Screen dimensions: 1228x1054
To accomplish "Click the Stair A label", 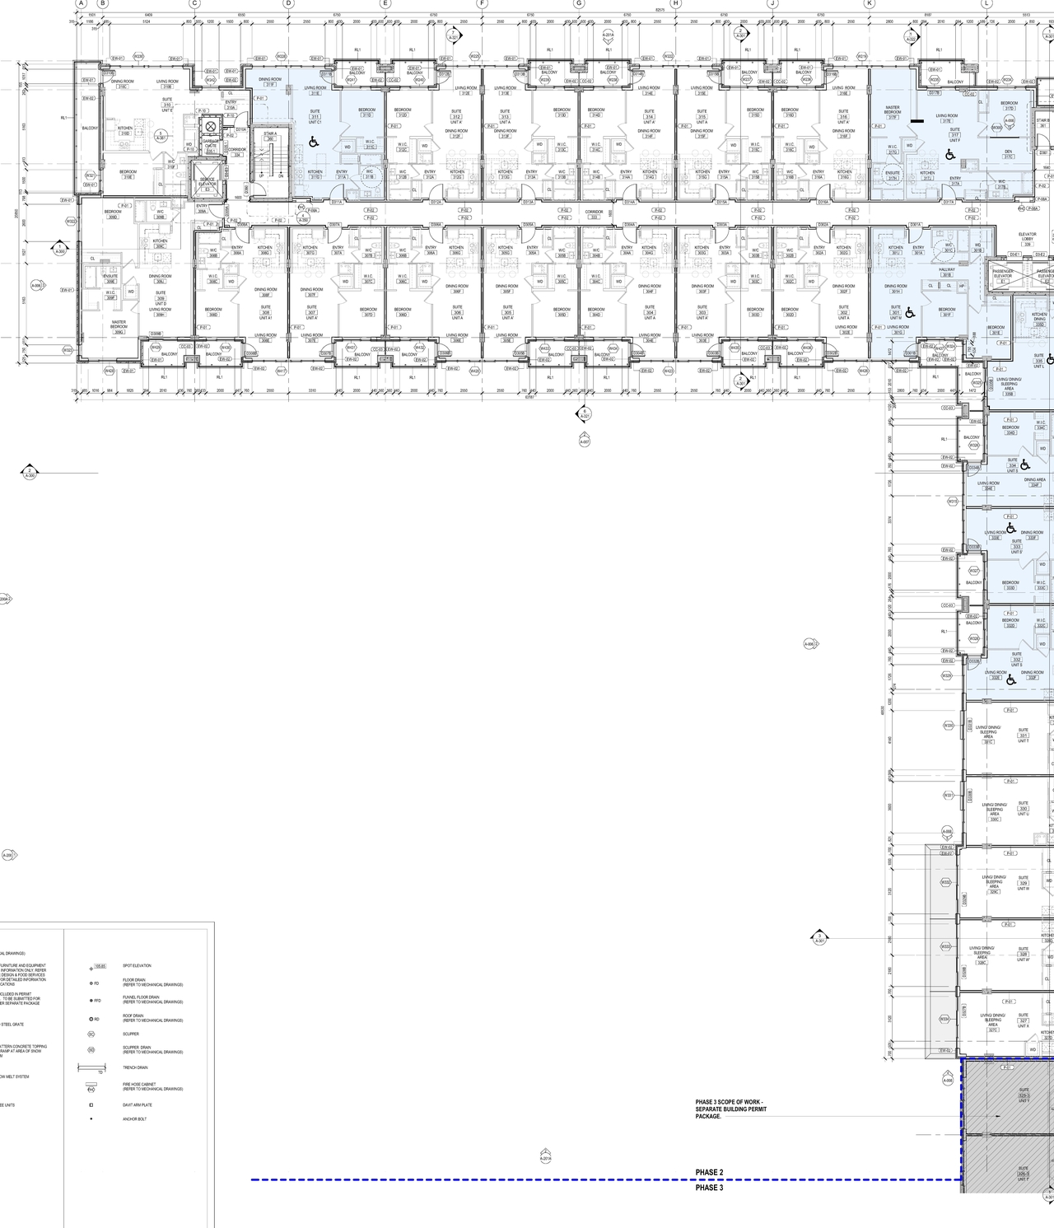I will point(270,136).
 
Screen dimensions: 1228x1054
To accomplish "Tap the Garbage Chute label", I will point(211,145).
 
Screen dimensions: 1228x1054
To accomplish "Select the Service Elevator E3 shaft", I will point(208,180).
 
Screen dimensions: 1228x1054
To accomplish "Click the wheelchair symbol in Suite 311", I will point(313,142).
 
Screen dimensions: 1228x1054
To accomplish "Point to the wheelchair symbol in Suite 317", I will point(949,154).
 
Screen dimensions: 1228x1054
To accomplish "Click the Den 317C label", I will point(1008,154).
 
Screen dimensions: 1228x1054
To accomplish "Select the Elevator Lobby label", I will point(1027,239).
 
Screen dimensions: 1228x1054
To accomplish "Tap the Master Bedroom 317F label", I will point(893,111).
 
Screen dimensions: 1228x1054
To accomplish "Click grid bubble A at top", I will point(81,3).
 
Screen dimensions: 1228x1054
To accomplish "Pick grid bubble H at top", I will point(676,3).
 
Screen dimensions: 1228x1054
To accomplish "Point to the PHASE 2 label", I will point(709,1172).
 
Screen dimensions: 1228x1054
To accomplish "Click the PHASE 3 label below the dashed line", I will point(709,1188).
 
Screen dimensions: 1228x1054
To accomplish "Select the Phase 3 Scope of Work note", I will point(730,1109).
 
